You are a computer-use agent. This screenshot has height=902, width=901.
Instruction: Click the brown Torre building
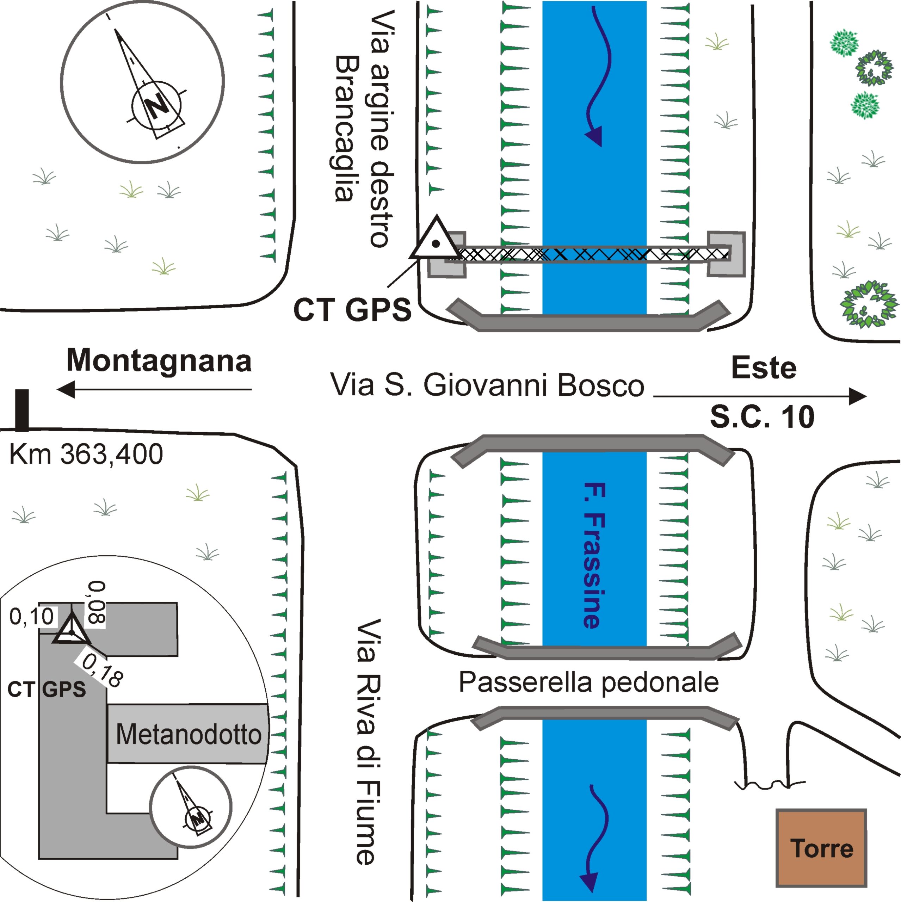[x=821, y=847]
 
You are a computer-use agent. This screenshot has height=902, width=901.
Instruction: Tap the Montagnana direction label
[x=159, y=361]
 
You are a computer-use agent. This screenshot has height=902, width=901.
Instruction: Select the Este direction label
[x=764, y=368]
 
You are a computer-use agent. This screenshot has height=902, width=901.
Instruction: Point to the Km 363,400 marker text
[x=86, y=454]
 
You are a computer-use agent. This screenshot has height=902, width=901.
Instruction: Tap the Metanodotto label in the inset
[x=188, y=734]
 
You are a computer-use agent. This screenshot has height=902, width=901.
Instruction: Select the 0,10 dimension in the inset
[x=32, y=617]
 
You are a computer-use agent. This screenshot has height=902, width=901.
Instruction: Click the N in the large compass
[x=157, y=105]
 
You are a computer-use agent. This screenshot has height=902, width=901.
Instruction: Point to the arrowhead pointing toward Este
[x=857, y=396]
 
